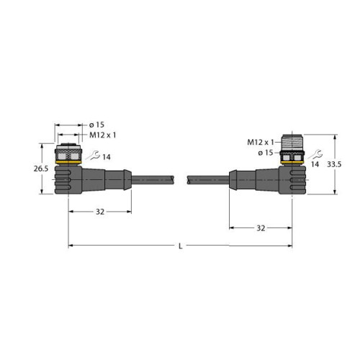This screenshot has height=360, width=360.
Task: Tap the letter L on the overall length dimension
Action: (x=179, y=247)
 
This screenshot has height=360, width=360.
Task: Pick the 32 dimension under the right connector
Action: (x=261, y=228)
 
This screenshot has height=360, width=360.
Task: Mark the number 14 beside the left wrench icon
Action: (x=107, y=156)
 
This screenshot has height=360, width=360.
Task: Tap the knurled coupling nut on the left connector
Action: (x=69, y=154)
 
